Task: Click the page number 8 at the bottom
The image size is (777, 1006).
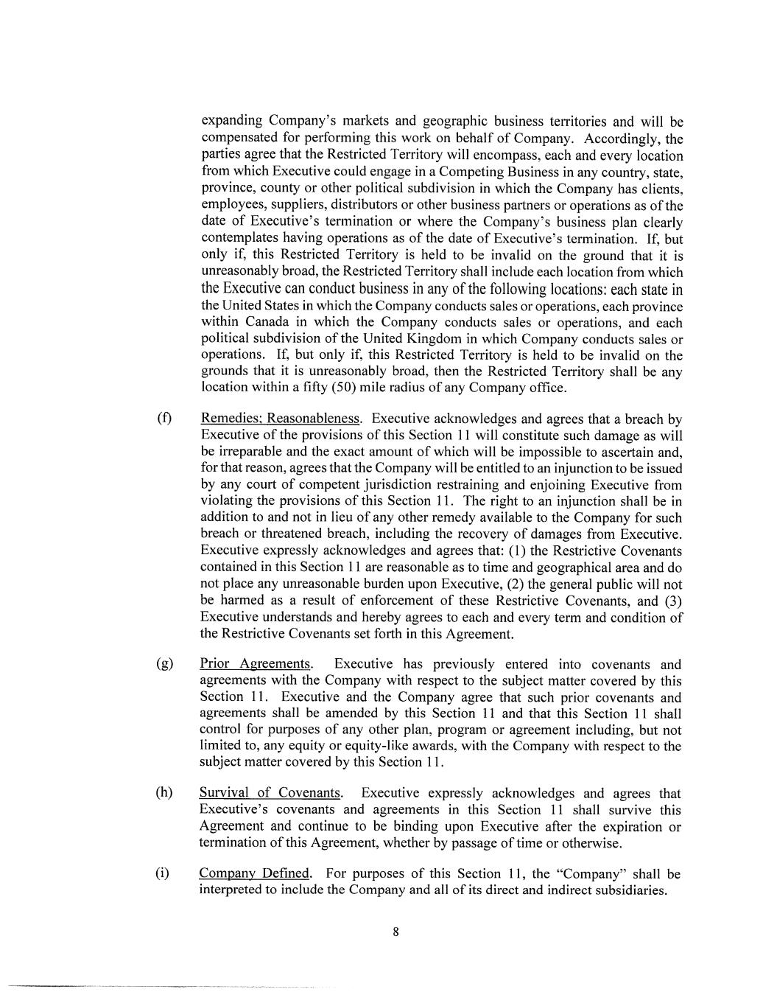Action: pyautogui.click(x=395, y=932)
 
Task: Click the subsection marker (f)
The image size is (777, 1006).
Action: pyautogui.click(x=164, y=419)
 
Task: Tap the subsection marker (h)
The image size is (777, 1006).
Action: pyautogui.click(x=164, y=793)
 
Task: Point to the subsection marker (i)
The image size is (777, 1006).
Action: pyautogui.click(x=163, y=874)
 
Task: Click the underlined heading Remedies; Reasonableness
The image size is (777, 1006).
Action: pyautogui.click(x=281, y=419)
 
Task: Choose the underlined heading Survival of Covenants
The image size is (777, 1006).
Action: pyautogui.click(x=270, y=793)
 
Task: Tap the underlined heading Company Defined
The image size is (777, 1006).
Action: pyautogui.click(x=255, y=874)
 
